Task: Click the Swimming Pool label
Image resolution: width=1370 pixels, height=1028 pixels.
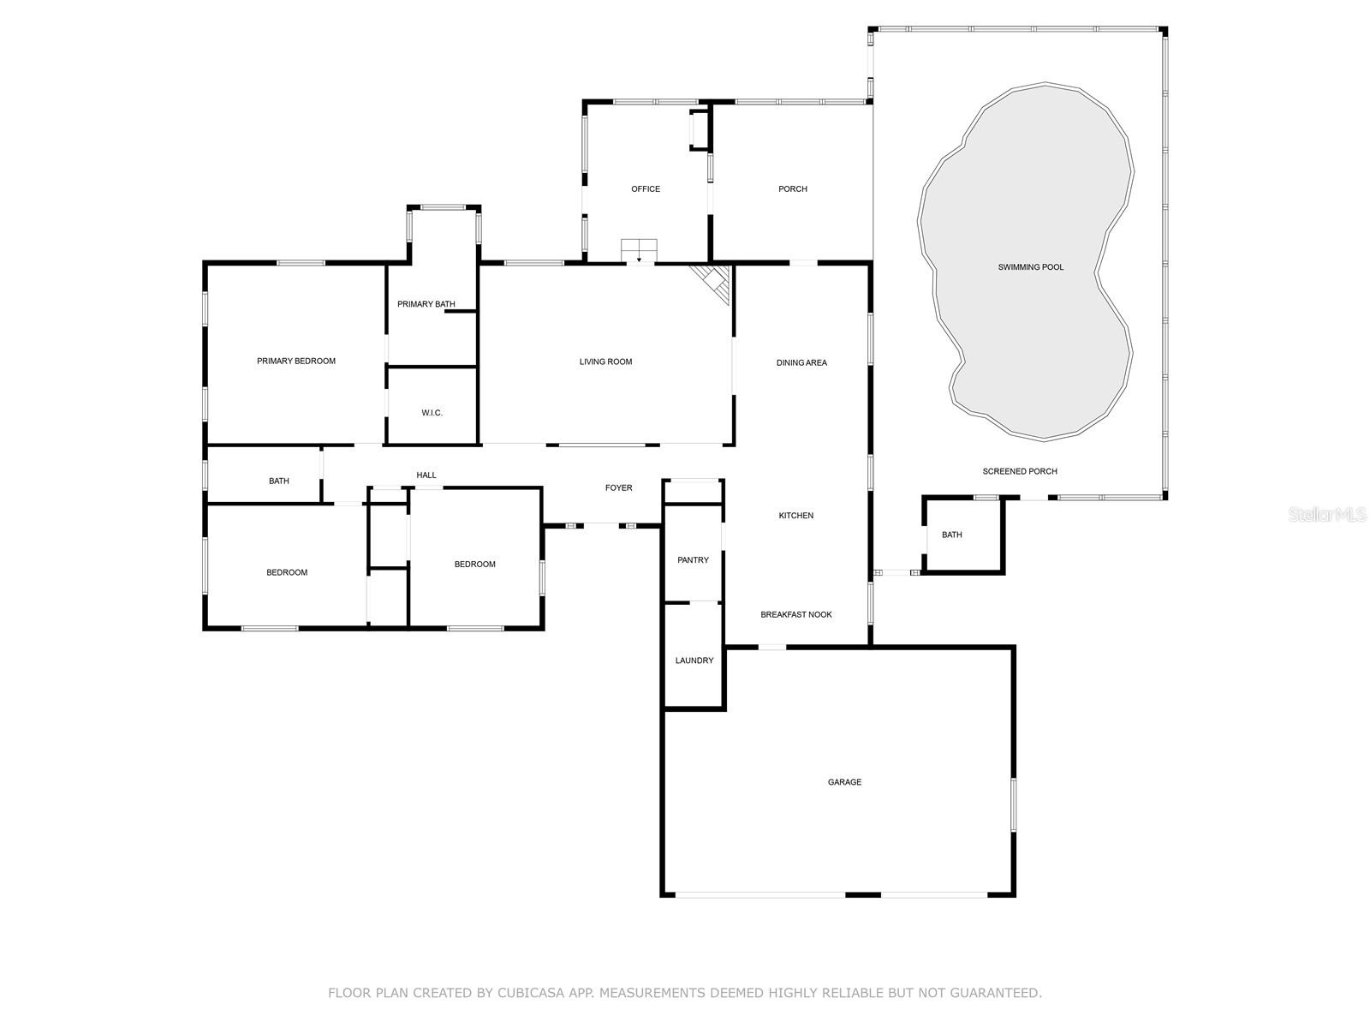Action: [x=1030, y=267]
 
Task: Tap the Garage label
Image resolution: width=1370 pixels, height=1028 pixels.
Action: [x=844, y=782]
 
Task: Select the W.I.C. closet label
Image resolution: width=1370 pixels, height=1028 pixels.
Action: [x=432, y=413]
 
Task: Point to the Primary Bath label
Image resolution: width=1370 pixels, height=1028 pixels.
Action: [x=426, y=304]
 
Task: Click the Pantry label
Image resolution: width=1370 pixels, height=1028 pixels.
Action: [x=693, y=560]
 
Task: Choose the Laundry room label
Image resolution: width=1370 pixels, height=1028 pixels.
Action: [x=694, y=660]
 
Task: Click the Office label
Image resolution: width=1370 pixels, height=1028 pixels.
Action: [x=646, y=189]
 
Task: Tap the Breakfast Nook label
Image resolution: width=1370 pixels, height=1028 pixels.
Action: [x=796, y=614]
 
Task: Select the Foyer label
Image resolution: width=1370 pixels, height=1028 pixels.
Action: [x=618, y=488]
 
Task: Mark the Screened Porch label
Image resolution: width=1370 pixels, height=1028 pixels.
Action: [x=1019, y=471]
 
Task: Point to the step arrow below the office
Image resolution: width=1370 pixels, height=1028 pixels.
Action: [x=639, y=258]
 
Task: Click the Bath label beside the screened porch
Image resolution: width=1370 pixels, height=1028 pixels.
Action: [x=951, y=535]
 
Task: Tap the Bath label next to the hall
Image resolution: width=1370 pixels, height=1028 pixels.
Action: [x=278, y=481]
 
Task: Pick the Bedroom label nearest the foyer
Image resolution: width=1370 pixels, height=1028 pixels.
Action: [x=474, y=565]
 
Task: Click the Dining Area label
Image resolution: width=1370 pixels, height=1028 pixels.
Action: [x=801, y=363]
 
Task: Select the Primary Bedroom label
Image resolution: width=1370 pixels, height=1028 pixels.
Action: [x=296, y=362]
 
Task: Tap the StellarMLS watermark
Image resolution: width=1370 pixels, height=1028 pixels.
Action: [x=1328, y=514]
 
